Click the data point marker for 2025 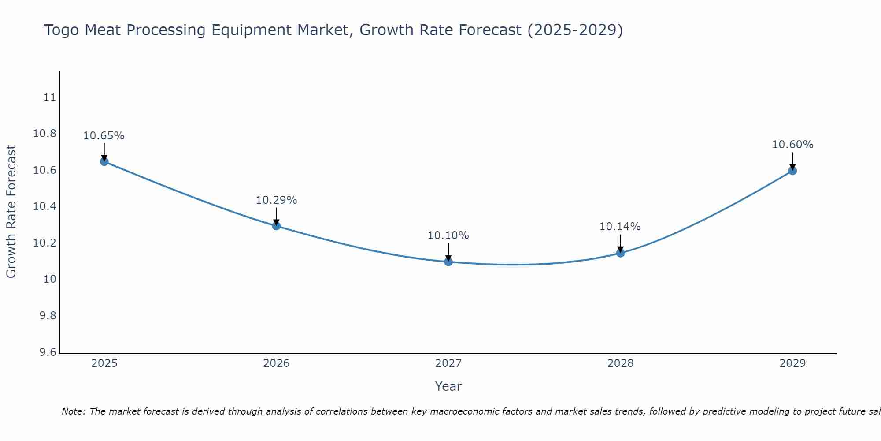[x=104, y=161]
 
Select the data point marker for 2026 [x=276, y=226]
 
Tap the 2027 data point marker [x=448, y=262]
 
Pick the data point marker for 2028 [x=620, y=253]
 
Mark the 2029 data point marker [x=792, y=171]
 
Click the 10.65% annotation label [x=104, y=136]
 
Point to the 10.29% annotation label [x=276, y=200]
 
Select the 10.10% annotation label [x=448, y=235]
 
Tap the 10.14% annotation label [x=620, y=227]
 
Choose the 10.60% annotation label [x=792, y=145]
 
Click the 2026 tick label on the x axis [x=276, y=363]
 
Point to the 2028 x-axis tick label [x=620, y=363]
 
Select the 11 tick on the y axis [x=50, y=97]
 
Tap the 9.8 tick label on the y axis [x=48, y=316]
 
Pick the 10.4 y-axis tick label [x=45, y=207]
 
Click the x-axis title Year [x=448, y=386]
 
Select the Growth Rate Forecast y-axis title [x=11, y=212]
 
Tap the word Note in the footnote [x=73, y=411]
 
